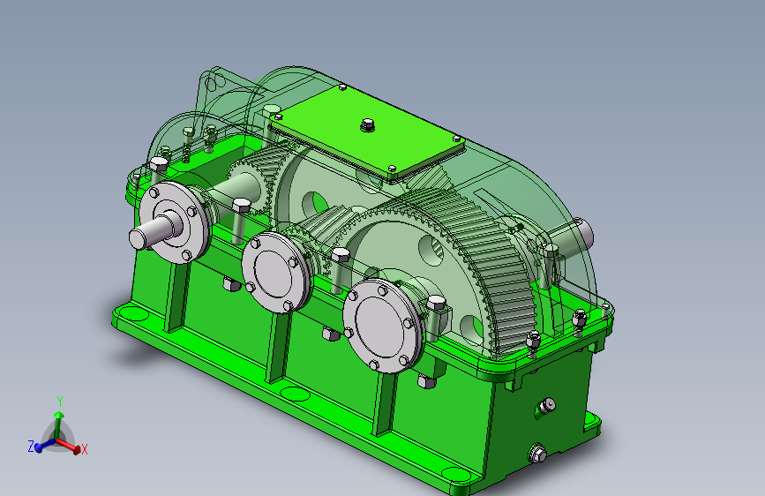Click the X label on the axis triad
(x=85, y=449)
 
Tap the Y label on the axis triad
(x=60, y=402)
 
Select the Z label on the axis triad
(x=31, y=447)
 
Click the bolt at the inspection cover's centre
(x=368, y=125)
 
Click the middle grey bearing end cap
(x=276, y=273)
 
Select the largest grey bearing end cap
(x=383, y=326)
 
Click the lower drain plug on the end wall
(x=536, y=454)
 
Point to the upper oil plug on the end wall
(x=545, y=407)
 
